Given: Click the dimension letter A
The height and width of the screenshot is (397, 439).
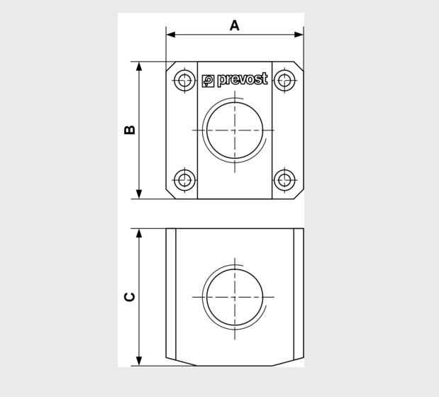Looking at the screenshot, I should [235, 26].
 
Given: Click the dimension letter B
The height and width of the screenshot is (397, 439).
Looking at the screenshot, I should [130, 130].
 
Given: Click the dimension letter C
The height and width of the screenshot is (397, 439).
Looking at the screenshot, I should [130, 296].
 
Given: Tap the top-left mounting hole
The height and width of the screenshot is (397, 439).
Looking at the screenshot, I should [185, 80].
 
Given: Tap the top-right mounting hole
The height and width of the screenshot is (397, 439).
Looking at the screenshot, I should [284, 80].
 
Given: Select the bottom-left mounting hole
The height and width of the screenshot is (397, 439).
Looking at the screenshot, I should [185, 180].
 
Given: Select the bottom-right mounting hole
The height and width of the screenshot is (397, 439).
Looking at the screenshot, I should [284, 180].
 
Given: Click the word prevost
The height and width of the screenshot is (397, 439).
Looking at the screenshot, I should [243, 79].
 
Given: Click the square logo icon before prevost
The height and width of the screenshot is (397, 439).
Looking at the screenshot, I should [208, 81].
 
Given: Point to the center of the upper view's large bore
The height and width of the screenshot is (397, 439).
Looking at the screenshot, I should [235, 130].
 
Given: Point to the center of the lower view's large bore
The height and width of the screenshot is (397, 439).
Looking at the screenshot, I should [235, 297].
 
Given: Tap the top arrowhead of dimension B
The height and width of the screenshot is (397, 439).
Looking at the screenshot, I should [139, 66].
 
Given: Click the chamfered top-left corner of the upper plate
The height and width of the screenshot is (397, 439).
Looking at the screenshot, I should [170, 66].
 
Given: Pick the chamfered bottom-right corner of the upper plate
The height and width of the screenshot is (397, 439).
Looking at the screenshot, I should [299, 194].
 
